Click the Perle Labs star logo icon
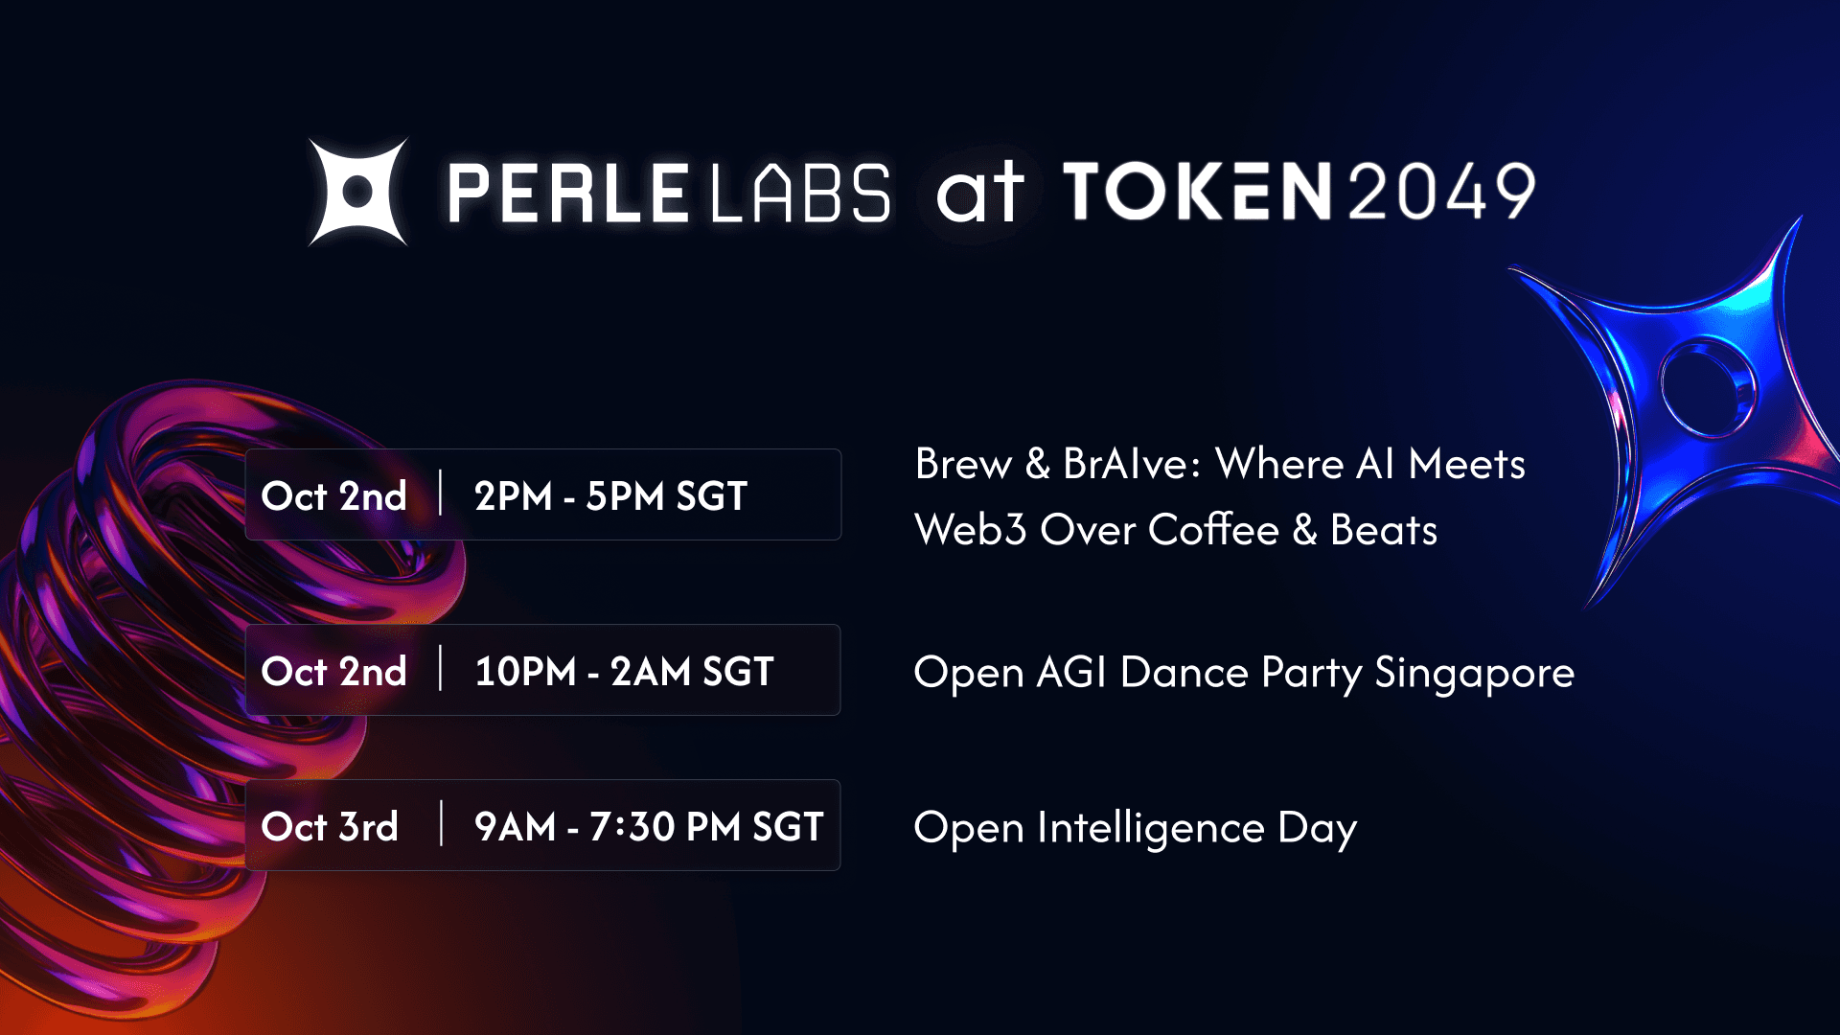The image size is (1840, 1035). (x=357, y=192)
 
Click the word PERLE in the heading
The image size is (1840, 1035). (x=567, y=193)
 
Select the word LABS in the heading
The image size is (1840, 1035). (x=800, y=193)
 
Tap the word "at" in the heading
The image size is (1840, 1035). (x=978, y=192)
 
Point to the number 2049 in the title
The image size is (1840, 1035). (x=1442, y=191)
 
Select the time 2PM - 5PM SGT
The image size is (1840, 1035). (x=610, y=496)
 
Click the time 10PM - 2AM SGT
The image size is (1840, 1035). (x=624, y=672)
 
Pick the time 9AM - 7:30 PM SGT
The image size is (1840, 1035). (x=649, y=827)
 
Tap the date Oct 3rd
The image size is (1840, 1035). (x=330, y=827)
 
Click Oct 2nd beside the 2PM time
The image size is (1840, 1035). (x=333, y=496)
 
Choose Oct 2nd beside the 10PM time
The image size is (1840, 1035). (x=333, y=672)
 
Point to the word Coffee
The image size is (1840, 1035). (x=1213, y=529)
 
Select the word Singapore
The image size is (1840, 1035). (x=1474, y=674)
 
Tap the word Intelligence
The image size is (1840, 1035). (x=1150, y=829)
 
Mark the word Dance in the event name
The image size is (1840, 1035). (x=1184, y=672)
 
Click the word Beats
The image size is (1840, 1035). (x=1384, y=529)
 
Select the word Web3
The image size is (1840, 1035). (x=971, y=529)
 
